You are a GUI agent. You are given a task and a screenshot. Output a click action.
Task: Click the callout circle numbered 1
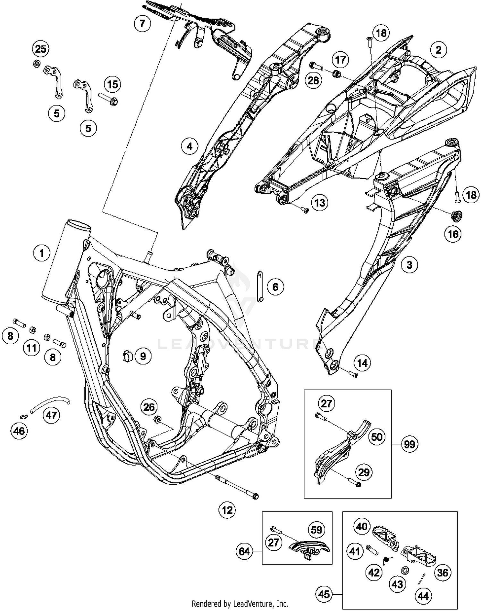pos(42,253)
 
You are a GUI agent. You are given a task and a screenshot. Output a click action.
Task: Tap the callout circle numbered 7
pos(142,23)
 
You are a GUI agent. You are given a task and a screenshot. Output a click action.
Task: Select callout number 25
pos(40,49)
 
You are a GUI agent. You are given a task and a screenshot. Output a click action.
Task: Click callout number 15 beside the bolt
pos(113,84)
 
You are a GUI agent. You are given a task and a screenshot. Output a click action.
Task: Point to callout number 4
pos(190,146)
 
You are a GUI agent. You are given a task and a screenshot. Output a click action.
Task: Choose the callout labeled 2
pos(438,50)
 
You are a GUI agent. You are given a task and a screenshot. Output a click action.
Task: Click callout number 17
pos(341,60)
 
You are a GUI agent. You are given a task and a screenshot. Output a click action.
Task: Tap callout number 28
pos(313,80)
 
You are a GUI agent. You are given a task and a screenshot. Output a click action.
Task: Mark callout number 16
pos(453,234)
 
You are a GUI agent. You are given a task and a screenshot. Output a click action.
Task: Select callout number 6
pos(275,287)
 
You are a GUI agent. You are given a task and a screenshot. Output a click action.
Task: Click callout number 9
pos(143,356)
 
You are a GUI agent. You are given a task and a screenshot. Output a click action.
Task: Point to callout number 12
pos(227,510)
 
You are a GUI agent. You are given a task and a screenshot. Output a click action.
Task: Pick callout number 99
pos(409,444)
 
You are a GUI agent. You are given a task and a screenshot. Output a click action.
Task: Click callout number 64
pos(244,551)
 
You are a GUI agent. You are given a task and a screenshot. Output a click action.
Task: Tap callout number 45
pos(324,594)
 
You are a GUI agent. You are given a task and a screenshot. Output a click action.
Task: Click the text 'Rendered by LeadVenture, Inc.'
pos(240,604)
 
